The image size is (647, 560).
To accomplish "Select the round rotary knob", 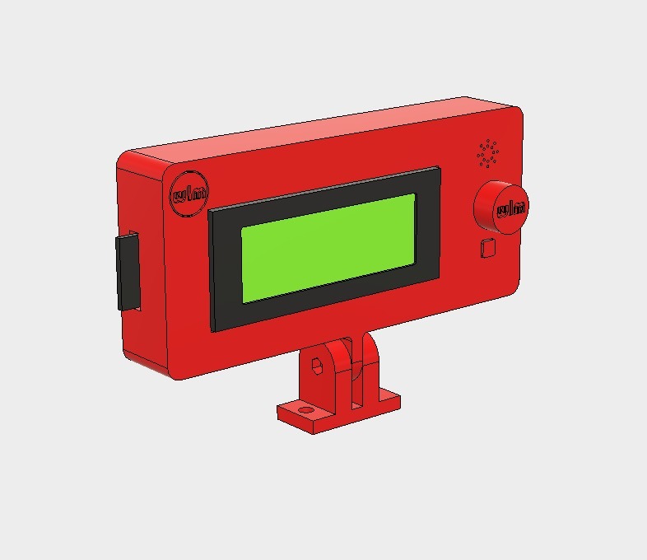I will click(500, 209).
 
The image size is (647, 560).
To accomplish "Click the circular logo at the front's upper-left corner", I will click(189, 194).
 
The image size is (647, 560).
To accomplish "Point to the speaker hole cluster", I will click(487, 152).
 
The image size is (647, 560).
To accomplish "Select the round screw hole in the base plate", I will click(305, 408).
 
